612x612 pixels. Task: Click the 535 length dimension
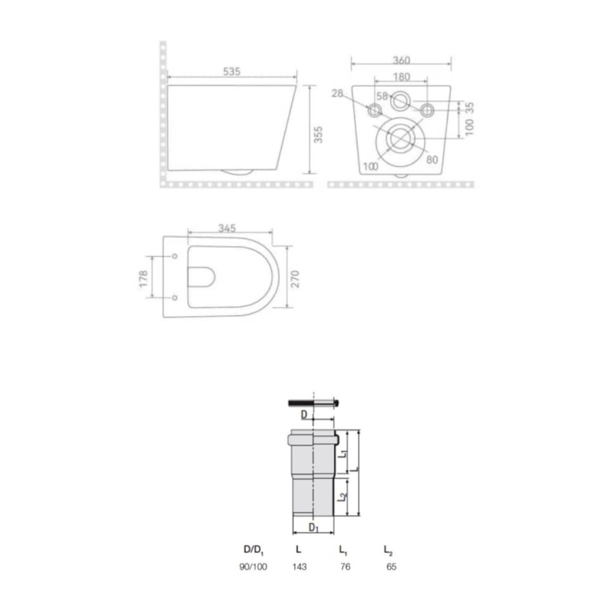click(232, 71)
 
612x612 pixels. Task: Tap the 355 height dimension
click(318, 135)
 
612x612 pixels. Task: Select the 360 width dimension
click(401, 60)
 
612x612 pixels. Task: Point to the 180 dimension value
click(401, 77)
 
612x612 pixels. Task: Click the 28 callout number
click(337, 93)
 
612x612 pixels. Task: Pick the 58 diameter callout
click(382, 96)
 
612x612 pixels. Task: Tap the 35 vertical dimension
click(470, 107)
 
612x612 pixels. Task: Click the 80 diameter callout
click(432, 160)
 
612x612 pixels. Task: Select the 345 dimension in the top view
click(227, 228)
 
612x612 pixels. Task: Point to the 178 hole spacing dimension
click(143, 279)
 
